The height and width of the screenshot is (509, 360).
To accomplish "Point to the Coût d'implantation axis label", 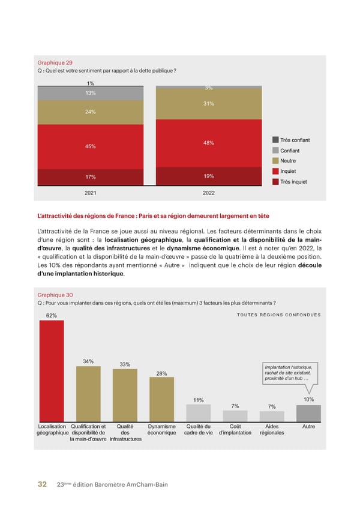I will (x=235, y=429).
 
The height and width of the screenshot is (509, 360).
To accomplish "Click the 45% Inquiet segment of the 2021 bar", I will (x=90, y=146).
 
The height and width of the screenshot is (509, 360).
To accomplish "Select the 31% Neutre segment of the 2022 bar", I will (x=209, y=104).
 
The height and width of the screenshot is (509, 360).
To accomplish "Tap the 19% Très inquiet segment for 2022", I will (x=209, y=176).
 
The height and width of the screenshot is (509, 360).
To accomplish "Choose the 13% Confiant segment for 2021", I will (x=90, y=93).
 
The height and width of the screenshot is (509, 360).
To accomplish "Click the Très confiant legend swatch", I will (x=275, y=140).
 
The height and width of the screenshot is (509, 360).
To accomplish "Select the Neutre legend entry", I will (x=288, y=161).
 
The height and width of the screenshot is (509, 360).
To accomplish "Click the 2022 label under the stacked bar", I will (x=209, y=193).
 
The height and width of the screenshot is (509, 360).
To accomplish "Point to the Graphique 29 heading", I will (x=55, y=62).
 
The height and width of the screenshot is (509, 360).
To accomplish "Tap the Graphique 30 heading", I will (x=55, y=295).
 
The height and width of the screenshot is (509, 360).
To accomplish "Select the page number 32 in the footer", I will (x=43, y=484).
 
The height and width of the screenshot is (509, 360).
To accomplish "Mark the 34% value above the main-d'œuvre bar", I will (x=88, y=361).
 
